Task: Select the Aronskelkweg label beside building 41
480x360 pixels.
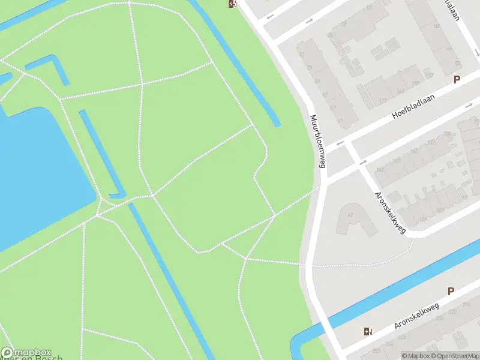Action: [x=390, y=213]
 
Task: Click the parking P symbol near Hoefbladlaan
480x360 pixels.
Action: [x=457, y=80]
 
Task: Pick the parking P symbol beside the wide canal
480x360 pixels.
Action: [x=451, y=292]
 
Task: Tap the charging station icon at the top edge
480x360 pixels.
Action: [x=232, y=4]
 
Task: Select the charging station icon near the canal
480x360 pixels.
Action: [x=367, y=331]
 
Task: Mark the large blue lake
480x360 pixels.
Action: [x=36, y=174]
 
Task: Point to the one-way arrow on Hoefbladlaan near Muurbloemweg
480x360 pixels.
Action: [x=340, y=143]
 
